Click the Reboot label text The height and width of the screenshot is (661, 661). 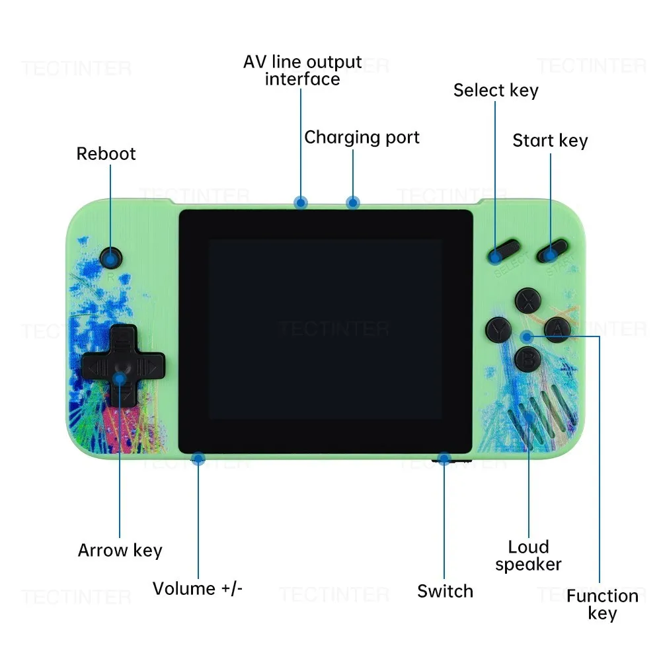[x=106, y=153]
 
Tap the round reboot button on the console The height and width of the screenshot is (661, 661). [x=110, y=257]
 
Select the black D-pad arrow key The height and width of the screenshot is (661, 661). [x=120, y=365]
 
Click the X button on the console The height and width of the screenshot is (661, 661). [x=528, y=299]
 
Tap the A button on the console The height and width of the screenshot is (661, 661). [x=557, y=328]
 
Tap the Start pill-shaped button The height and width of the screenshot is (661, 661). [x=553, y=251]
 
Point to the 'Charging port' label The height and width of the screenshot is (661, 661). [x=362, y=137]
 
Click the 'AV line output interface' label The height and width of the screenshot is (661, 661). [x=303, y=71]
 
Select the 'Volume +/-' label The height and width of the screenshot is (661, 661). [x=198, y=588]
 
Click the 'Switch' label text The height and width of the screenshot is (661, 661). [x=445, y=591]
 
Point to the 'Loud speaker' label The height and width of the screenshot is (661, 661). [x=528, y=555]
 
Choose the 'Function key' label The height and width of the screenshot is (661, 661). [x=602, y=604]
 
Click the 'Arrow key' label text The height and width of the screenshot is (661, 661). [x=120, y=550]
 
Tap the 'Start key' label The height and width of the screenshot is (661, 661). [x=550, y=141]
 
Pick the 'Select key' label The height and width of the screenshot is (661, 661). [x=496, y=91]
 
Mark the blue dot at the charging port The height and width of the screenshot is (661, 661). [x=353, y=202]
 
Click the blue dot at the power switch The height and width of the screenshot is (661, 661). [x=444, y=458]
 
